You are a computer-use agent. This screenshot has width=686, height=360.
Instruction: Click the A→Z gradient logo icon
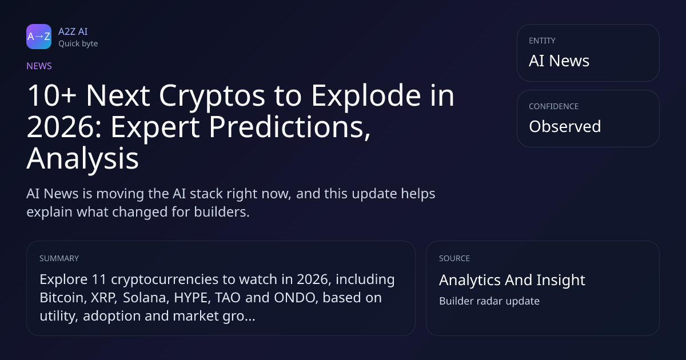pos(39,37)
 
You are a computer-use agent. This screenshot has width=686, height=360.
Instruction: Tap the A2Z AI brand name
pos(73,31)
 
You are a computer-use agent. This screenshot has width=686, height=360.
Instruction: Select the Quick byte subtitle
pos(78,44)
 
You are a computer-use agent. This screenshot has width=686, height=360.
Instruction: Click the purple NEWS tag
pos(39,66)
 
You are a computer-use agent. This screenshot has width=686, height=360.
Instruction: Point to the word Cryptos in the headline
pos(212,96)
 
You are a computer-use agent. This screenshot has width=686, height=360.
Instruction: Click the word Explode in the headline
pos(366,96)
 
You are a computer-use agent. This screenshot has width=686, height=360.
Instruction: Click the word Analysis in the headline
pos(83,159)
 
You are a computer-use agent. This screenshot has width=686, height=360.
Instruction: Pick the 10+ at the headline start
pos(51,96)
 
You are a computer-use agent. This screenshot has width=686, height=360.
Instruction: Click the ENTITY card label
pos(542,41)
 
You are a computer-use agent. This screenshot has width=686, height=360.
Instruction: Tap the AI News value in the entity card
pos(559,61)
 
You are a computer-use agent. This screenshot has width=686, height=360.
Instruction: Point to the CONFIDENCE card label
pos(554,106)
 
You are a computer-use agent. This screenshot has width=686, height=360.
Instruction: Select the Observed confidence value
pos(565,126)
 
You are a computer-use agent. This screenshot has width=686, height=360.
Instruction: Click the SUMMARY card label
pos(59,258)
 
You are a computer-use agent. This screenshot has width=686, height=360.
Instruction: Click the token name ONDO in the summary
pos(295,298)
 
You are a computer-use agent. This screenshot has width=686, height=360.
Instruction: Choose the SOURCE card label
pos(454,258)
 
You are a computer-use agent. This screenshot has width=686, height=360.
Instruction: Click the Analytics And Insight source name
pos(512,280)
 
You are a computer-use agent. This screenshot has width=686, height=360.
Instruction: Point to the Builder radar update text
pos(489,301)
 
